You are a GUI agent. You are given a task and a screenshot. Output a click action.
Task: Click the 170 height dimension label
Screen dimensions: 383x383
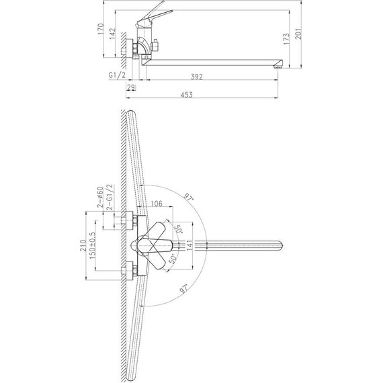pos(101,29)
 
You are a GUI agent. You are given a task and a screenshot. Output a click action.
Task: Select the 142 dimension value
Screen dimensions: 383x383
pos(112,34)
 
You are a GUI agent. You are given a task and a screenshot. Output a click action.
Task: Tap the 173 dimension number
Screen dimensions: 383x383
pos(286,39)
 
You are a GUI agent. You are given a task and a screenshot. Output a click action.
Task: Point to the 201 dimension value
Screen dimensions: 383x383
pos(298,34)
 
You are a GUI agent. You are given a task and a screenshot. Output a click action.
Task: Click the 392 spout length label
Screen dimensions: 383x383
pos(197,77)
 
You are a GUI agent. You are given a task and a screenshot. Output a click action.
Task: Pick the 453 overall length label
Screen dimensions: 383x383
pos(187,95)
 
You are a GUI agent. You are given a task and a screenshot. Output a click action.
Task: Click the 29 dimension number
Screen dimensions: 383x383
pos(131,87)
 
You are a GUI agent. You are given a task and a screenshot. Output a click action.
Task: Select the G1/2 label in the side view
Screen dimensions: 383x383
pos(117,75)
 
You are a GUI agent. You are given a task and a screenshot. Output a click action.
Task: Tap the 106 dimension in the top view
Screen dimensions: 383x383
pos(157,203)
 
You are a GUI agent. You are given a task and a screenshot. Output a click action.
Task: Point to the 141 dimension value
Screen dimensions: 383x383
pos(189,245)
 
